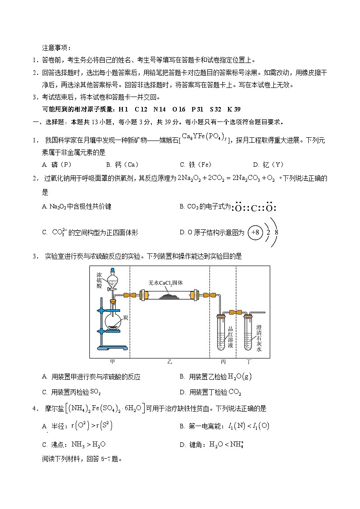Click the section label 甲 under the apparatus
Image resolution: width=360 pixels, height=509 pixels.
coord(112,362)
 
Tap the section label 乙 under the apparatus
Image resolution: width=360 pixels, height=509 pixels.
coord(169,362)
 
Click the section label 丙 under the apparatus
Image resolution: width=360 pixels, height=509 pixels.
coord(223,362)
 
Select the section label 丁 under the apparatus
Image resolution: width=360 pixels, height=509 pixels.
coord(248,362)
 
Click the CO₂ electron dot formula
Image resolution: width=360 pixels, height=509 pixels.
coord(253,208)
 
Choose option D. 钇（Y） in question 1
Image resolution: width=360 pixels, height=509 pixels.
coord(268,165)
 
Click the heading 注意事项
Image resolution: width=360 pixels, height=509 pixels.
coord(57,47)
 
